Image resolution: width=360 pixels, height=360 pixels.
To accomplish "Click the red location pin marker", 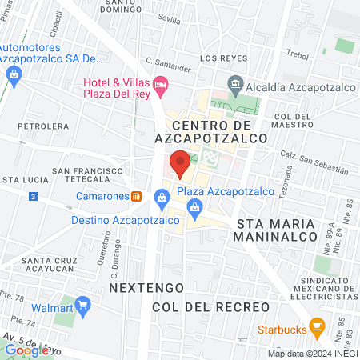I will (x=180, y=163).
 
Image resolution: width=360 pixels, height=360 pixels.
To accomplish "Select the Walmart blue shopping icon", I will (x=84, y=306).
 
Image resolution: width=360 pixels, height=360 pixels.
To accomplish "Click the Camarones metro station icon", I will (x=137, y=196).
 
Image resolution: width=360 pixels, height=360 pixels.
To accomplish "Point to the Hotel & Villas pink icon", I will (x=160, y=83).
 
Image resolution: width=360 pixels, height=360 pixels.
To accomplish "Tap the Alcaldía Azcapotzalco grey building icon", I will (x=236, y=83).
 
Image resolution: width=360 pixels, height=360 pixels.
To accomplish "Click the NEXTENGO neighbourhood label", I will (x=146, y=286).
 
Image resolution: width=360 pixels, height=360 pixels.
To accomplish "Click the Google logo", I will (x=26, y=350).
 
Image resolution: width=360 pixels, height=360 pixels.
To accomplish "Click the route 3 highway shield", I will (x=32, y=196).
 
